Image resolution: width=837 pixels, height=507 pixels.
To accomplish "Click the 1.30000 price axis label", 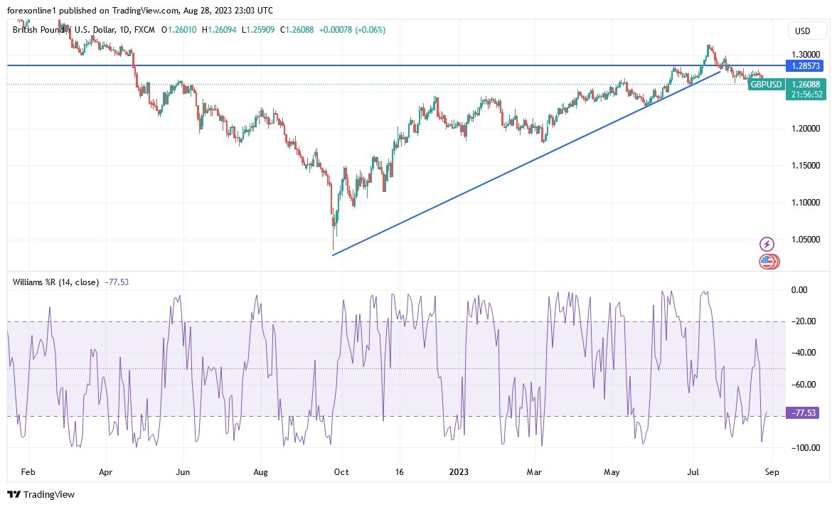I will point(805,54).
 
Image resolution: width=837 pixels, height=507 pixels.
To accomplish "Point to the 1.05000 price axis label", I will point(805,240).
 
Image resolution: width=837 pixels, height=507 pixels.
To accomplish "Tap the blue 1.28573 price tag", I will point(806,65).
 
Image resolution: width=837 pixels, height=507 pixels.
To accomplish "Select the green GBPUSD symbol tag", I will point(767,85).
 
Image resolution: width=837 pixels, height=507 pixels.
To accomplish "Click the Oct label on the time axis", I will point(341,471).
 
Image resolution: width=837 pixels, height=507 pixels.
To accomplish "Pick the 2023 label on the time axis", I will point(459,471).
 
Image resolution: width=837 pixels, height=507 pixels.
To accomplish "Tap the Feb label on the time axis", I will point(28,471).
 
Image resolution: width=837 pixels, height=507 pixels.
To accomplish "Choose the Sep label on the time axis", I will point(773,471).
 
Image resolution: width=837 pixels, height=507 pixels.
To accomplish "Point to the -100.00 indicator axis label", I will point(804,447).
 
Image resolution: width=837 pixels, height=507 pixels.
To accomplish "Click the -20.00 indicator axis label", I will point(805,321).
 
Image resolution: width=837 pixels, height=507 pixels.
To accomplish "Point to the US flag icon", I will point(766,262).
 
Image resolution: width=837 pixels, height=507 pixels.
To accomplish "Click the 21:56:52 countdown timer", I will point(805,95).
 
